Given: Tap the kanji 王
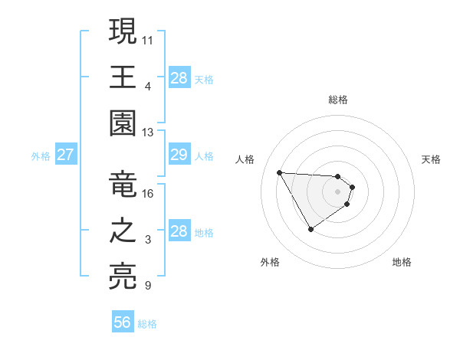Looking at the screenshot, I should pyautogui.click(x=123, y=77).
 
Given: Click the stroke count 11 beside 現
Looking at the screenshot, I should pyautogui.click(x=148, y=38).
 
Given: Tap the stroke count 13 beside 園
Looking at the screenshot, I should pyautogui.click(x=148, y=132).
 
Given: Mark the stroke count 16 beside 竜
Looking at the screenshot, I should pyautogui.click(x=148, y=193).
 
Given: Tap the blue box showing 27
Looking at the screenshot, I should pyautogui.click(x=66, y=155).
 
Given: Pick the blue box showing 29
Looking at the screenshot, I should pyautogui.click(x=179, y=155).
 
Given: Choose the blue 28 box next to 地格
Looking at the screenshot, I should pyautogui.click(x=179, y=231).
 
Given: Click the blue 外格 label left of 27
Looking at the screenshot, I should pyautogui.click(x=41, y=156).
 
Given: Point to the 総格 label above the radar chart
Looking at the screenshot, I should pyautogui.click(x=338, y=100).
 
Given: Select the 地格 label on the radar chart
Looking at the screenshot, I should pyautogui.click(x=402, y=262).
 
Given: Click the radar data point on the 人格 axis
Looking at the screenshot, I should pyautogui.click(x=279, y=172).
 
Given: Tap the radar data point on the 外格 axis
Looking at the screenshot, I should pyautogui.click(x=310, y=229).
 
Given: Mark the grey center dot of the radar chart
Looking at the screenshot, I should pyautogui.click(x=337, y=191).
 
